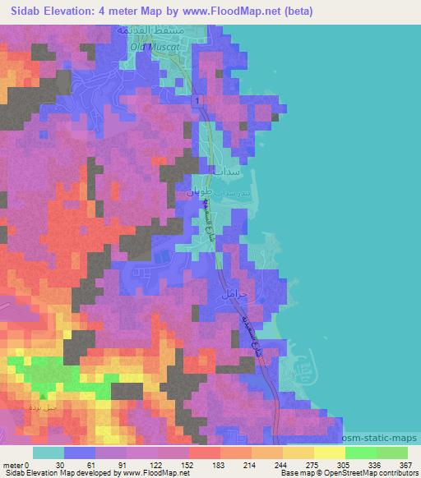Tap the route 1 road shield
(197, 100)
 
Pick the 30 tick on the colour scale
(61, 464)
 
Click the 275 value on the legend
(290, 464)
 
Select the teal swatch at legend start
(48, 452)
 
